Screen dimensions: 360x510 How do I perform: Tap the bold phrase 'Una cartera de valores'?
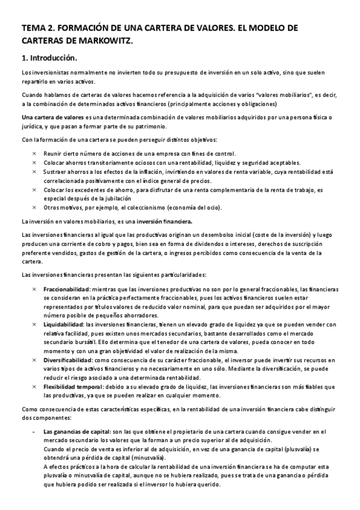(x=44, y=117)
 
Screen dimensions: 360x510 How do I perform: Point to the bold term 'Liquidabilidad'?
(x=64, y=325)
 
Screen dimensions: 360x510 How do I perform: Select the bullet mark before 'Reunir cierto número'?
(x=34, y=154)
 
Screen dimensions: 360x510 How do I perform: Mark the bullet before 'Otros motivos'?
(x=34, y=207)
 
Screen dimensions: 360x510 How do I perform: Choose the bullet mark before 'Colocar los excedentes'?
(x=34, y=189)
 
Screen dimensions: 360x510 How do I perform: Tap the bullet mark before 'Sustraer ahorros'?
(x=34, y=171)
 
